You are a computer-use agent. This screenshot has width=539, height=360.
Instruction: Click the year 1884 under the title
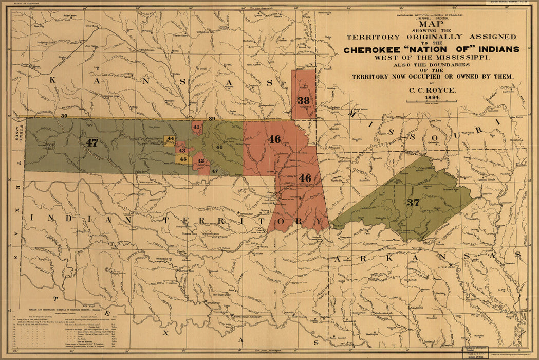(432, 97)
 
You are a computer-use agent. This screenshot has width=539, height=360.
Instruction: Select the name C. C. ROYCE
(432, 89)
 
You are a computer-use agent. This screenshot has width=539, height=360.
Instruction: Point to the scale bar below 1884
(432, 102)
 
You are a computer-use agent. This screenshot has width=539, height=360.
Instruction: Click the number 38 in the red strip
(303, 100)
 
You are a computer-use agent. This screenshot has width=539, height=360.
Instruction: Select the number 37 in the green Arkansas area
(413, 203)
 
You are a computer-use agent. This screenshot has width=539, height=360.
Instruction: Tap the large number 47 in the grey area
(92, 142)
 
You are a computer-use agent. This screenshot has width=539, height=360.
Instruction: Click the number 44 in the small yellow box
(171, 139)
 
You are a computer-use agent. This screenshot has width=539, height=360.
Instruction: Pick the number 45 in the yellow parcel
(183, 159)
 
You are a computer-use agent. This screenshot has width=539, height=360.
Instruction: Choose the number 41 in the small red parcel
(197, 126)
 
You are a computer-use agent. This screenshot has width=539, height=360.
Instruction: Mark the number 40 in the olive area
(219, 147)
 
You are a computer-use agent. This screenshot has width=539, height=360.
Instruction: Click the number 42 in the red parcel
(201, 161)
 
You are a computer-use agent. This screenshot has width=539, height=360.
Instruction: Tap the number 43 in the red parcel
(181, 150)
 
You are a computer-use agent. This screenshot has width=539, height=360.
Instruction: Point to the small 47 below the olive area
(215, 171)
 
